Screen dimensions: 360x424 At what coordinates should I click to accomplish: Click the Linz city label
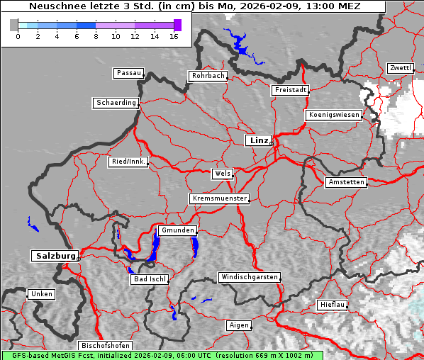(258, 140)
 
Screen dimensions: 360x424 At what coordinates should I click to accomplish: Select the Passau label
(128, 73)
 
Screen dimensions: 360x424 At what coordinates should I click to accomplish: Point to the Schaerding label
(116, 103)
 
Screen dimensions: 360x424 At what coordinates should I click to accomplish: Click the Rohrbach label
(208, 76)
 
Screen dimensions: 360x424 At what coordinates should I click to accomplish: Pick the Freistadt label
(290, 90)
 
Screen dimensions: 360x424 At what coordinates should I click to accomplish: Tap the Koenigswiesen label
(334, 115)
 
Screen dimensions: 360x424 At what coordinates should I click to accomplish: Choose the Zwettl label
(400, 68)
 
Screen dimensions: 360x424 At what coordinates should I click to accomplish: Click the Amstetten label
(346, 182)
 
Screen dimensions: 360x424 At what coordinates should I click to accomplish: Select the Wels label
(222, 174)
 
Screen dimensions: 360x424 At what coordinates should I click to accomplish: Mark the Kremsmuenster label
(219, 198)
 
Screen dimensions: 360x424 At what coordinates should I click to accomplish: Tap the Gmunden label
(176, 230)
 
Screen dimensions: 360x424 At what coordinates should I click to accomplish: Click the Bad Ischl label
(150, 279)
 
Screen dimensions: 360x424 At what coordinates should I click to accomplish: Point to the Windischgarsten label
(249, 277)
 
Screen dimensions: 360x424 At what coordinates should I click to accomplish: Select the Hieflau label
(333, 305)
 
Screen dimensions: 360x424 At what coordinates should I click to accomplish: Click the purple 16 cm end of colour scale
(177, 25)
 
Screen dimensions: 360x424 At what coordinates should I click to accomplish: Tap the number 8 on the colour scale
(96, 36)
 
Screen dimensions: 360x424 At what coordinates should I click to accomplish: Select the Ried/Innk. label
(128, 162)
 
